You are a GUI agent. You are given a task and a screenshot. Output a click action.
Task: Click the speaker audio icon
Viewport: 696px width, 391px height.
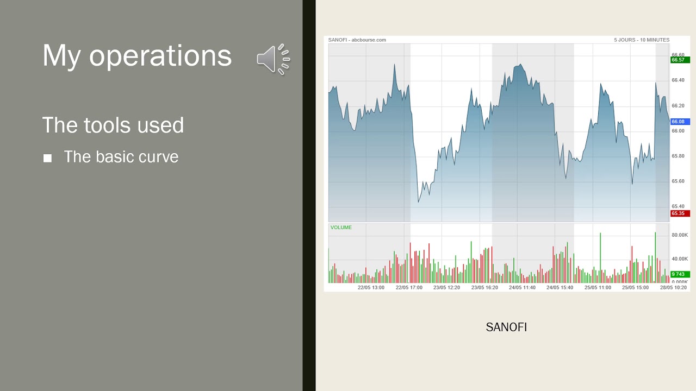click(x=273, y=59)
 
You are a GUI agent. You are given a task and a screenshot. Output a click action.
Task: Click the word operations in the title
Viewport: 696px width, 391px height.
click(x=160, y=55)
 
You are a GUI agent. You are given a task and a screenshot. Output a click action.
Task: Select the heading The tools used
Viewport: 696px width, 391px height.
click(x=113, y=125)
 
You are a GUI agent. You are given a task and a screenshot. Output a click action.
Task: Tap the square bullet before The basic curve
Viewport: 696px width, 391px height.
click(x=47, y=158)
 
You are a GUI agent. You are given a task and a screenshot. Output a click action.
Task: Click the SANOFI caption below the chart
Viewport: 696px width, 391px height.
click(x=506, y=327)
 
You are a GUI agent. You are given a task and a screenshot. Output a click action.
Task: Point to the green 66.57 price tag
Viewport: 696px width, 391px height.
click(x=680, y=60)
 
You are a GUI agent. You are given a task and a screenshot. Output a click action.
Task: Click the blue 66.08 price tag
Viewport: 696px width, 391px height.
click(x=680, y=122)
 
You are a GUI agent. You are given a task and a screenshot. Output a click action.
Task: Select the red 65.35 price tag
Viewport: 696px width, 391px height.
click(x=680, y=213)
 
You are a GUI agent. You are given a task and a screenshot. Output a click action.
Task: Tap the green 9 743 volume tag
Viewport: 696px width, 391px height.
click(x=680, y=274)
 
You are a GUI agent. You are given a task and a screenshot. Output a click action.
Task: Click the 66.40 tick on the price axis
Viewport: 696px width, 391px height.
click(x=678, y=80)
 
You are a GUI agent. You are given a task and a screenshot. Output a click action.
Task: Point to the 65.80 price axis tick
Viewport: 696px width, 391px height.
click(x=678, y=156)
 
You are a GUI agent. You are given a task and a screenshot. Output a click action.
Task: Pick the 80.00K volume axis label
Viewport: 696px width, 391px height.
click(x=680, y=235)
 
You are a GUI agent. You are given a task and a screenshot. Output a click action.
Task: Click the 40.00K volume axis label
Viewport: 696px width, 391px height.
click(x=680, y=259)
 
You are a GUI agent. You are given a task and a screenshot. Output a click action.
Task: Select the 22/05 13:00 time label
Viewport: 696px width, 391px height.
click(x=371, y=287)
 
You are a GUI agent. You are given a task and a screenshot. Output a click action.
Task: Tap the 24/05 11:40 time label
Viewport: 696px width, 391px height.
click(x=522, y=287)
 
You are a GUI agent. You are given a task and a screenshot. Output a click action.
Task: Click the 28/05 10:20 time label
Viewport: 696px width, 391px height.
click(x=673, y=287)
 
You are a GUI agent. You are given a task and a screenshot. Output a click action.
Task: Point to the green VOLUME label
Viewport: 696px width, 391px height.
click(x=341, y=228)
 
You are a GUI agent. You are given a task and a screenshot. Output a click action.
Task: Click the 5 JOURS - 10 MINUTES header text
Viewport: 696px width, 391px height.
click(x=642, y=40)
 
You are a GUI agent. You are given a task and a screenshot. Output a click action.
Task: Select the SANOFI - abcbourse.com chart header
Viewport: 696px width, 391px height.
click(x=357, y=40)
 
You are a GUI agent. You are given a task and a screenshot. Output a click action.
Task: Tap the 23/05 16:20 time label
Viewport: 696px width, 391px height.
click(x=484, y=287)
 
